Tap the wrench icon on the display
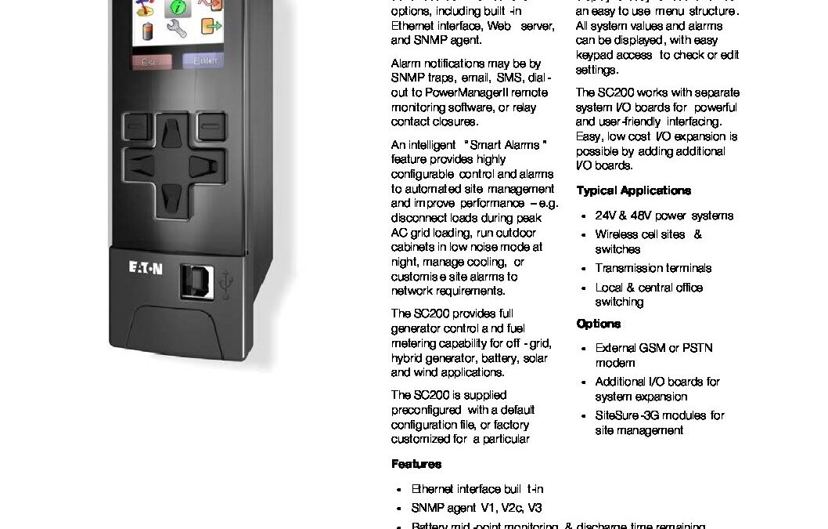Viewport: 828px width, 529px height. tap(177, 30)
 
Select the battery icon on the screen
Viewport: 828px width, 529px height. tap(146, 31)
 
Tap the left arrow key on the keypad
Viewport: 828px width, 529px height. tap(141, 165)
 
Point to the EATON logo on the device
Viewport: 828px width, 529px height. tap(146, 269)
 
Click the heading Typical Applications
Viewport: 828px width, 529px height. tap(633, 190)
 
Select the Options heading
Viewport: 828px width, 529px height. tap(598, 324)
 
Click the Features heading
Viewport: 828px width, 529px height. tap(416, 464)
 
